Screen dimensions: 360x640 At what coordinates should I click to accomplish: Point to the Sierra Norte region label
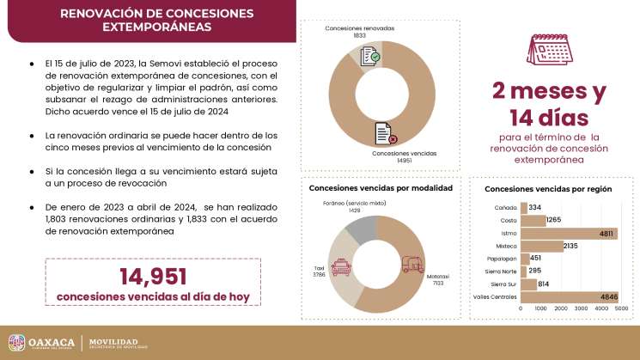(x=502, y=271)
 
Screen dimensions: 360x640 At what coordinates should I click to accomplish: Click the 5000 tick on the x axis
(x=621, y=307)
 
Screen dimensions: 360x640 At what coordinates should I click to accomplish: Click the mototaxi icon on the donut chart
(x=413, y=263)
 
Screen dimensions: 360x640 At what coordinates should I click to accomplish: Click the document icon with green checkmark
(x=370, y=57)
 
